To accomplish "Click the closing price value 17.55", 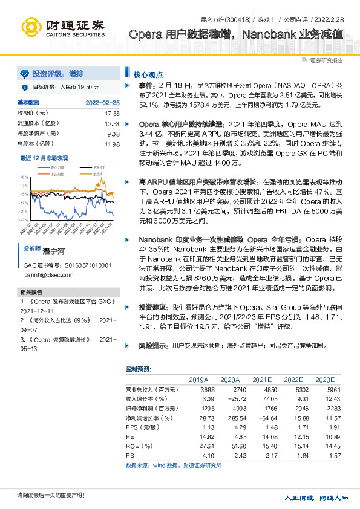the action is point(112,113).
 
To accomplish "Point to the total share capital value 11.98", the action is point(112,144).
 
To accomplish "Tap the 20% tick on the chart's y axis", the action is point(24,177).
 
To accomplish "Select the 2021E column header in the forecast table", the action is point(262,380).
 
